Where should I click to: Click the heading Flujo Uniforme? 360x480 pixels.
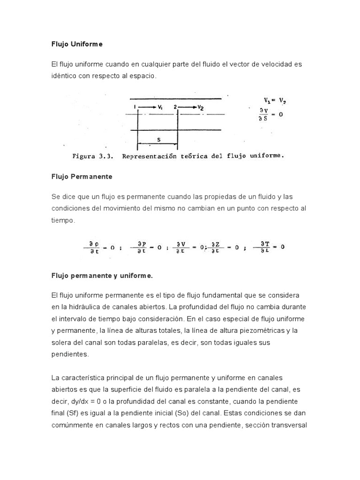(x=76, y=44)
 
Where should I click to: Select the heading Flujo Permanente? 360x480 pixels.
(x=81, y=177)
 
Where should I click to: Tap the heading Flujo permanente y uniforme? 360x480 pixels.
(x=102, y=276)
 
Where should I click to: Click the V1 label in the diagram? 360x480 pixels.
(x=160, y=107)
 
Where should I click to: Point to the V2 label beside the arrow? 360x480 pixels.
(x=200, y=107)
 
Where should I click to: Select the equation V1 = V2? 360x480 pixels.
(x=275, y=100)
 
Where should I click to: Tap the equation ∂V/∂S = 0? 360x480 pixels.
(x=270, y=114)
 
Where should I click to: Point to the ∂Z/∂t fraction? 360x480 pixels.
(x=216, y=247)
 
